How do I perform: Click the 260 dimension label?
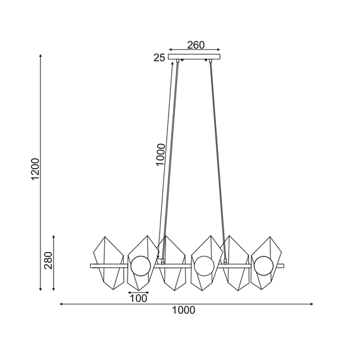(196, 45)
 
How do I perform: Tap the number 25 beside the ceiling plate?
(159, 58)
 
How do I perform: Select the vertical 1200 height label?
(35, 169)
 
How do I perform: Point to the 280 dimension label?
(49, 260)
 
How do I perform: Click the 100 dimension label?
(138, 299)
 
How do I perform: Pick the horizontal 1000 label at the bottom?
(183, 310)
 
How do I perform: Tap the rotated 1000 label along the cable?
(160, 155)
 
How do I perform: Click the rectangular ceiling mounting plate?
(195, 57)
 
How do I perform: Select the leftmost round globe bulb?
(141, 266)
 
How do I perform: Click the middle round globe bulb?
(204, 266)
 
